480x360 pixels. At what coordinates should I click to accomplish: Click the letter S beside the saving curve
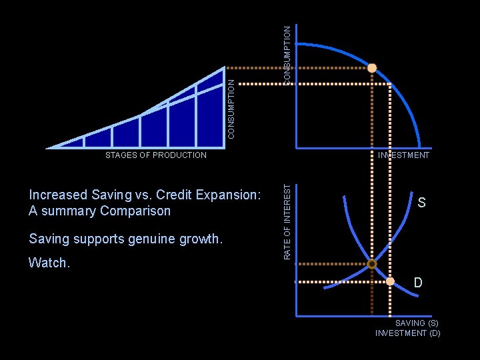[x=422, y=202]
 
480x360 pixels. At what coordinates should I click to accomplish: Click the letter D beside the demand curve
[x=418, y=283]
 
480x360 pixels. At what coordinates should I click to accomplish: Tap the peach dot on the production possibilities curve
[x=372, y=68]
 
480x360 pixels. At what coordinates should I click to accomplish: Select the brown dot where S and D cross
[x=372, y=264]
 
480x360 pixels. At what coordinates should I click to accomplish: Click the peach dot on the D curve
[x=391, y=281]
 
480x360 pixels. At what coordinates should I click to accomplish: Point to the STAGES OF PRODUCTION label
[x=157, y=155]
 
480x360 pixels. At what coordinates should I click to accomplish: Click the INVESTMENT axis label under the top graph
[x=403, y=155]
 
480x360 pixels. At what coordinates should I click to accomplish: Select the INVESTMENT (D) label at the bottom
[x=408, y=333]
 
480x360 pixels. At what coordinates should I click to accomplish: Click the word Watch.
[x=49, y=263]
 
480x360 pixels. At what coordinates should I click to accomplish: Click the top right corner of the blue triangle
[x=223, y=68]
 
